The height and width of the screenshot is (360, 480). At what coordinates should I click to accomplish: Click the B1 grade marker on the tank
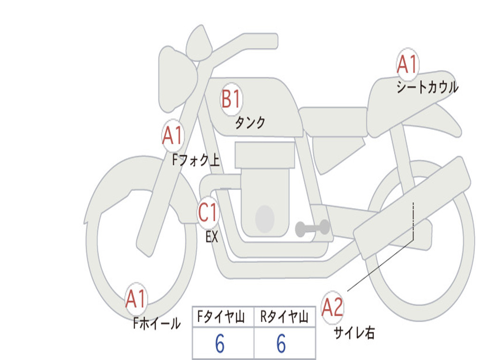point(232,99)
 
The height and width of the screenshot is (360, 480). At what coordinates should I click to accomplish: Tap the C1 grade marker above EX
point(208,212)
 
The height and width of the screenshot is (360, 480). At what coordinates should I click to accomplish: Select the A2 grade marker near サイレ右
point(332,307)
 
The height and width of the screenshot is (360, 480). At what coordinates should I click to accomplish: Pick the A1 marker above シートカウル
point(407,64)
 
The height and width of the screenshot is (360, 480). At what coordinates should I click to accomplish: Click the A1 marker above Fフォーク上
point(173,135)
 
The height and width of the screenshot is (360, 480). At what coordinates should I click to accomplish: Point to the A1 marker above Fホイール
point(136,299)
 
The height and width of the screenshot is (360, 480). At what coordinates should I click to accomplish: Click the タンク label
point(250,123)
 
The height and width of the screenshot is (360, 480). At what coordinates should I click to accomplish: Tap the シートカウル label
point(427,87)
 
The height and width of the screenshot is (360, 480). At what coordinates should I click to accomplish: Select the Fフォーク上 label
point(196,160)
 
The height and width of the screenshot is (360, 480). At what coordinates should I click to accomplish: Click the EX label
point(212,237)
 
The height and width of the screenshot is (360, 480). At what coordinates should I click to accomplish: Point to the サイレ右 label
point(354,333)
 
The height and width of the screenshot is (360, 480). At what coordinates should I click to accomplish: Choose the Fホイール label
point(157,323)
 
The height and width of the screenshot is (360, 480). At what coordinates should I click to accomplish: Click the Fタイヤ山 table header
point(221,317)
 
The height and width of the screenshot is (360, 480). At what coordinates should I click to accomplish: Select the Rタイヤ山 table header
point(285,317)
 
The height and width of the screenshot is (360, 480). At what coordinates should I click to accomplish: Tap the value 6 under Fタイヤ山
point(220,344)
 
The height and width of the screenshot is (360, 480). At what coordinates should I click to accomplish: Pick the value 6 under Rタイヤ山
point(281,344)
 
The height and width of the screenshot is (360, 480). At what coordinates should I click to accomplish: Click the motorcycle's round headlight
point(178,79)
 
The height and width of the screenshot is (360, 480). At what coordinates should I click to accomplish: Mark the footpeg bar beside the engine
point(312,228)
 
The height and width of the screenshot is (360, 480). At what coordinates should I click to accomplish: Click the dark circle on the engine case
point(265,219)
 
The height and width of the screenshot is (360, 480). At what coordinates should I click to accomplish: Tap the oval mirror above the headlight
point(199,43)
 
